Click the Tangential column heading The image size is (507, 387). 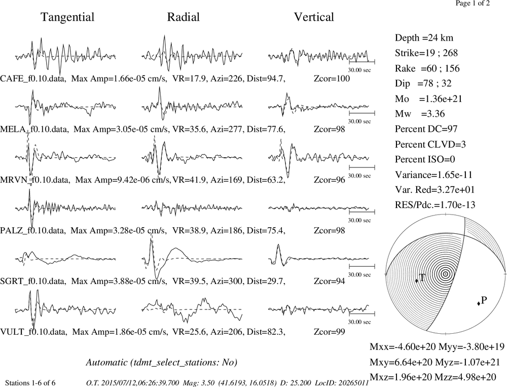(x=67, y=17)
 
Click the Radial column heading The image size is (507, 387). (x=184, y=17)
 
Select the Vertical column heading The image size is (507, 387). (x=314, y=17)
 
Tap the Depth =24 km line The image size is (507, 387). (x=424, y=38)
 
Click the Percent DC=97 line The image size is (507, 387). (x=426, y=129)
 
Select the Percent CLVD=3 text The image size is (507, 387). (x=430, y=145)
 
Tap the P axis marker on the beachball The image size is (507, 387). (x=479, y=303)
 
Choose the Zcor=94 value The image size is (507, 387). (x=329, y=281)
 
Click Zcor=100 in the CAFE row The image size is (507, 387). (x=332, y=79)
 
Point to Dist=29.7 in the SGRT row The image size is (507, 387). (x=266, y=281)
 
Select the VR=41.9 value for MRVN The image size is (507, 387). (x=189, y=180)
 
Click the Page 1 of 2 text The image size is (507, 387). (x=473, y=3)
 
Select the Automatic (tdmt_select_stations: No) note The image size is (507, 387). (x=162, y=363)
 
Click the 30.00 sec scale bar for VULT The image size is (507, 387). (x=362, y=313)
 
